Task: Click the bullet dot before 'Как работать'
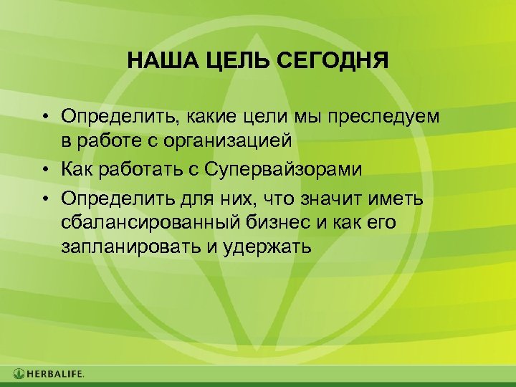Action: [x=44, y=171]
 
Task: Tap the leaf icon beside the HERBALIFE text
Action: [x=19, y=373]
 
